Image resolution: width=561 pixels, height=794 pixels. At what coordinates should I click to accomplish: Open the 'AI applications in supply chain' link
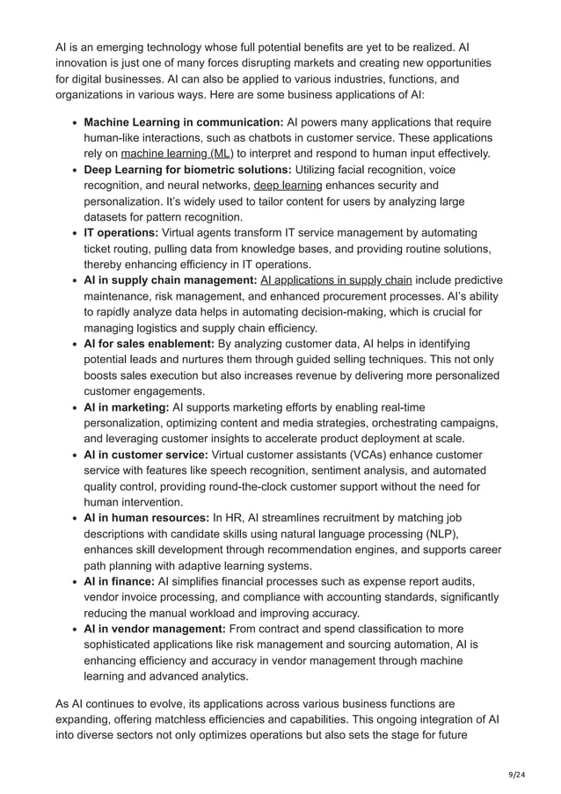pos(337,280)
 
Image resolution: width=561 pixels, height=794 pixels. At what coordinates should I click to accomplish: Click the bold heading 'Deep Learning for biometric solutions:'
pos(187,170)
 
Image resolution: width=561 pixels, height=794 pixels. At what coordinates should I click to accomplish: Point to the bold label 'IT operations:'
pos(120,233)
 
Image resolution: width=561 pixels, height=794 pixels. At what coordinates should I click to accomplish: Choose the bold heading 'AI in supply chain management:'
pos(170,280)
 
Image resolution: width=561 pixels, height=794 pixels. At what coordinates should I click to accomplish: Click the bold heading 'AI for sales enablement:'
pos(149,344)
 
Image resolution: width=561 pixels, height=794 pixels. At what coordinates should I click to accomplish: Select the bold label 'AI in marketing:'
pos(127,407)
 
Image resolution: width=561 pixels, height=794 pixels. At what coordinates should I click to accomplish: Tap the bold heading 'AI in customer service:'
pos(146,455)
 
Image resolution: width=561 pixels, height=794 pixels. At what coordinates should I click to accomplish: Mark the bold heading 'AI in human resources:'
pos(147,518)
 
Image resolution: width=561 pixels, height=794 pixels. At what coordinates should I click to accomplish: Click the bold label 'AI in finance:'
pos(119,581)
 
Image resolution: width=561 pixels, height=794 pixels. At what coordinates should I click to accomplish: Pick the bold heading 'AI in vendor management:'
pos(155,629)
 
